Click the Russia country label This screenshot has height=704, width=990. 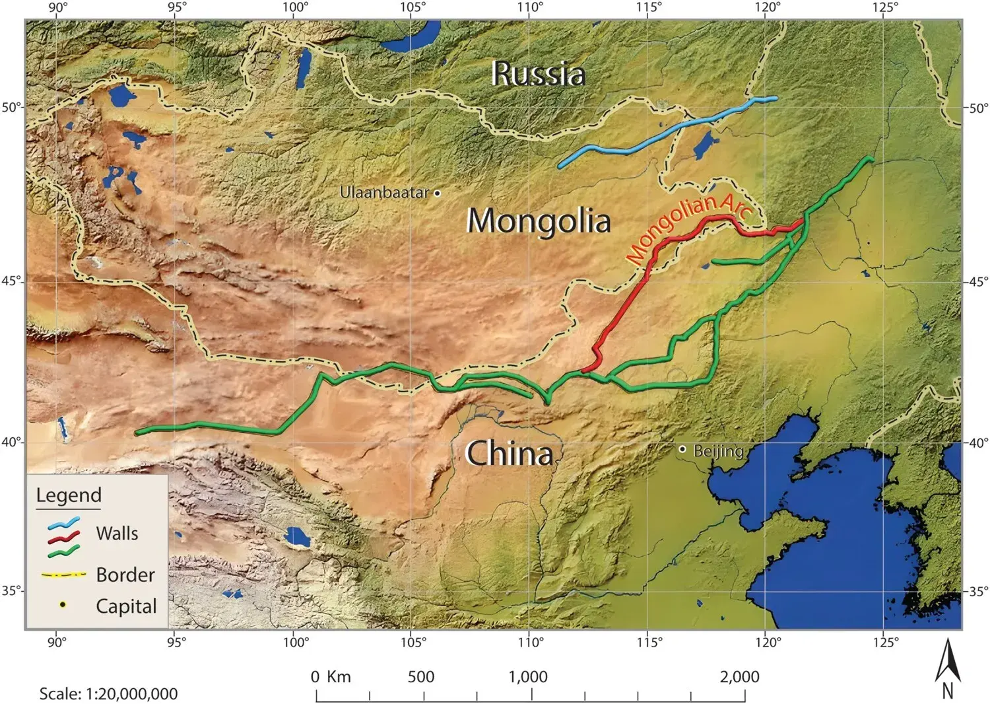click(538, 73)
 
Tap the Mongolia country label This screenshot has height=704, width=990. click(538, 221)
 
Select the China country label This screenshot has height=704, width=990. click(509, 454)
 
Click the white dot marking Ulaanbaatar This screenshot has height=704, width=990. click(437, 193)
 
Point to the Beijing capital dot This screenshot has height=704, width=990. click(682, 449)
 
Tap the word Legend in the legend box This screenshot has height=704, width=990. click(69, 495)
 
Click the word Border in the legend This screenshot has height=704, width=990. click(125, 575)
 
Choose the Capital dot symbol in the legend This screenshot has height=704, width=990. click(62, 605)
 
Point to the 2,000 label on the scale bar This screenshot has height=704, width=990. click(739, 677)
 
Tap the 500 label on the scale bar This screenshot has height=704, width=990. click(421, 677)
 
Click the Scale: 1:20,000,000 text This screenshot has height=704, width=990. click(108, 694)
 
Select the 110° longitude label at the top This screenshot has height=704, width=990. click(530, 7)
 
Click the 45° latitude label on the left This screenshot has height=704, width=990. click(10, 282)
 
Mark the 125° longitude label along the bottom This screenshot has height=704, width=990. click(884, 642)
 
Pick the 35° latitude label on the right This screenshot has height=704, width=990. click(978, 591)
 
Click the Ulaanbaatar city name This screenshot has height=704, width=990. click(385, 193)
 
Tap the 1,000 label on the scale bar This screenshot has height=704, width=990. click(528, 677)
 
